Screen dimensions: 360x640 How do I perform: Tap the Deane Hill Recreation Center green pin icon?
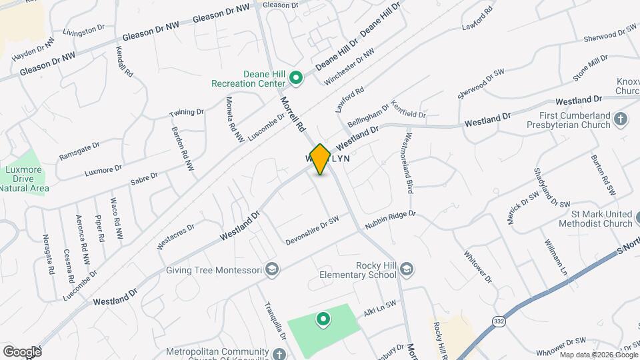pos(297,79)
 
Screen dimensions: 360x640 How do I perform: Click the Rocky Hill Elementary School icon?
pos(407,269)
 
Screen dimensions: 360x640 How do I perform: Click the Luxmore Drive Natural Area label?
pos(24,180)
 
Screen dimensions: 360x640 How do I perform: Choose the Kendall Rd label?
pos(124,61)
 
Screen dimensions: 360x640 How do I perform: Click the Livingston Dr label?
pos(84,31)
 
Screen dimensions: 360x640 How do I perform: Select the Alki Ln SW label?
pos(380,304)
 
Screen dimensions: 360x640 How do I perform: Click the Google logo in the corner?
pos(21,351)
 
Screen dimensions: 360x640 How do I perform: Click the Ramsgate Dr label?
pos(79,149)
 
